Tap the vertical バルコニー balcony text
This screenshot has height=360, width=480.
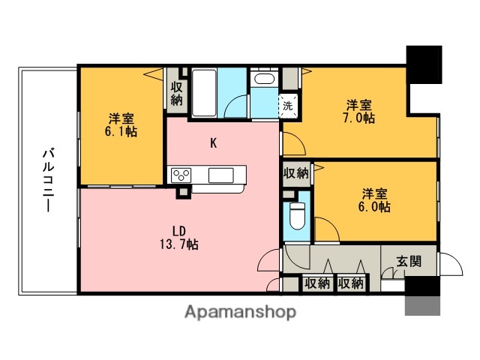[46, 180]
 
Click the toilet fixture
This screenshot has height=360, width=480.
[297, 214]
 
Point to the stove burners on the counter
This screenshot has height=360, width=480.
[181, 175]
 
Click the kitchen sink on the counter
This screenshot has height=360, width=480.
[220, 175]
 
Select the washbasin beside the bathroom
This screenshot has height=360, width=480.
[263, 79]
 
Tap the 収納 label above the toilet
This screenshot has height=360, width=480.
[296, 173]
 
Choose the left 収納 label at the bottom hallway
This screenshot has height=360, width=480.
[317, 283]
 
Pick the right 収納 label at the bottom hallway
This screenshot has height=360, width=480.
[350, 283]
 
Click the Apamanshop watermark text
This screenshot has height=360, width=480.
[240, 310]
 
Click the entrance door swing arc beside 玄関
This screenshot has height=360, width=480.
[448, 266]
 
